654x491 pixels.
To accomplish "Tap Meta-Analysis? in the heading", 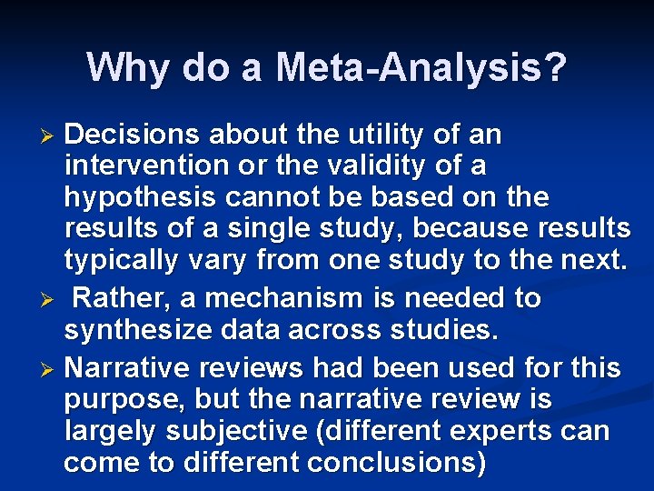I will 421,68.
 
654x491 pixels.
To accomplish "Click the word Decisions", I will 134,135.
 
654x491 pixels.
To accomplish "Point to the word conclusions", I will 397,463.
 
